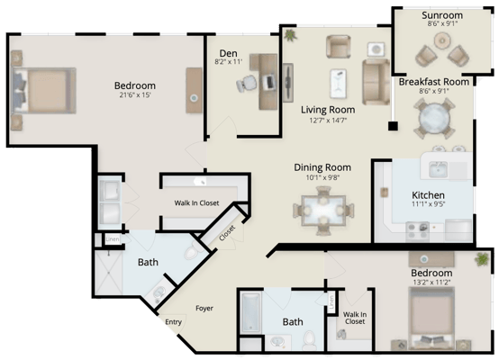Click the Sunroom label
point(441,15)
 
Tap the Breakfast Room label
point(433,81)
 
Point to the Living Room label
point(327,110)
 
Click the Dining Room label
point(322,167)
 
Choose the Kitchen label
point(428,194)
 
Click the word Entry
point(174,321)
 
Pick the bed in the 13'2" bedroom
point(432,319)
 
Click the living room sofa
point(374,81)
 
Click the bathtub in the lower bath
point(250,311)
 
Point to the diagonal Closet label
point(226,231)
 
